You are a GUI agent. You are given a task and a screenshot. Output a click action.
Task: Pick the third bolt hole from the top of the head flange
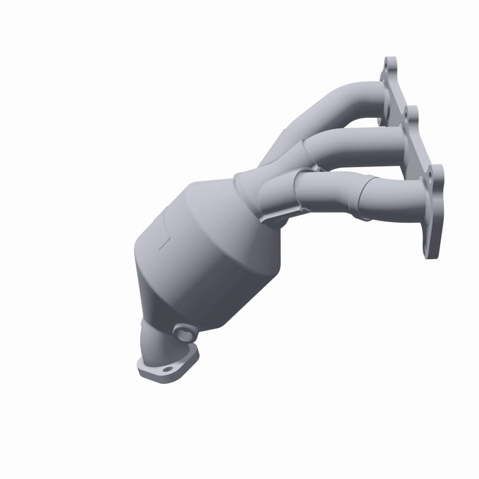click(429, 177)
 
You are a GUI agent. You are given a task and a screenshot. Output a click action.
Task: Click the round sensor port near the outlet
click(182, 331)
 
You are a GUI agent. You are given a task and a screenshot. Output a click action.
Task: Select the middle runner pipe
click(353, 144)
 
